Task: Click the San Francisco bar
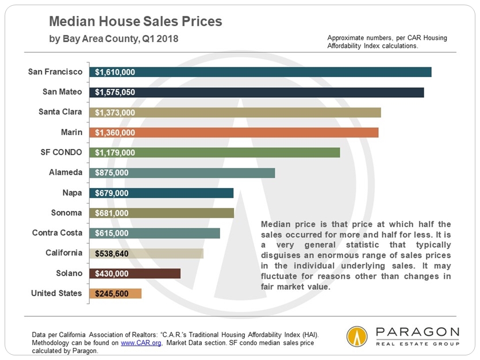[260, 72]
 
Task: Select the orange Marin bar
[233, 132]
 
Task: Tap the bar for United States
[115, 293]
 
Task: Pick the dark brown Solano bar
[135, 273]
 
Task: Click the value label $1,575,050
[115, 92]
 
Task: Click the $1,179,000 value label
[115, 152]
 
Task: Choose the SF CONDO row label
[59, 152]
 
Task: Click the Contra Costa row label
[57, 232]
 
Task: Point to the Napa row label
[72, 192]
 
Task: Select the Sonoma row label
[67, 212]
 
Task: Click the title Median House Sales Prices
[136, 22]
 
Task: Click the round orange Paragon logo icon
[357, 336]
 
